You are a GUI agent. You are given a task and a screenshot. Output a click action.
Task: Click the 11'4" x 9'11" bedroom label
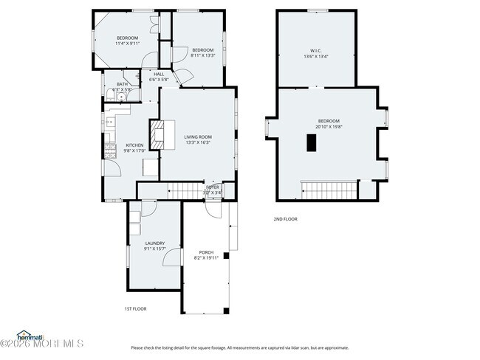[x=127, y=41]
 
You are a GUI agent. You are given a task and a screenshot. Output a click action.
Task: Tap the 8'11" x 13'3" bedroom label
[x=202, y=52]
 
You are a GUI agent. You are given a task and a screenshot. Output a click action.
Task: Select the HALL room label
[x=159, y=77]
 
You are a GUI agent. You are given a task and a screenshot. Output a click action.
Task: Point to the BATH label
[x=122, y=87]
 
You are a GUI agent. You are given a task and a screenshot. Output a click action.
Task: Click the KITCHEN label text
[x=134, y=148]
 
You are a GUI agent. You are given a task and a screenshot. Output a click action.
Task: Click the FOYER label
[x=213, y=190]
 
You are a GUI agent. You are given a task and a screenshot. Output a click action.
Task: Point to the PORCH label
[x=206, y=255]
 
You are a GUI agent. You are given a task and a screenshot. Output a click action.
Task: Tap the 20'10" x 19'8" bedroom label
[x=329, y=124]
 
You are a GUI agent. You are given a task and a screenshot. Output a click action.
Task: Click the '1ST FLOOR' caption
[x=135, y=309]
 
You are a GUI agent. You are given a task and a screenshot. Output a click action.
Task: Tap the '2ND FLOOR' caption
[x=285, y=219]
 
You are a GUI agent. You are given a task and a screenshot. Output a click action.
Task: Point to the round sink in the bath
[x=121, y=96]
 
